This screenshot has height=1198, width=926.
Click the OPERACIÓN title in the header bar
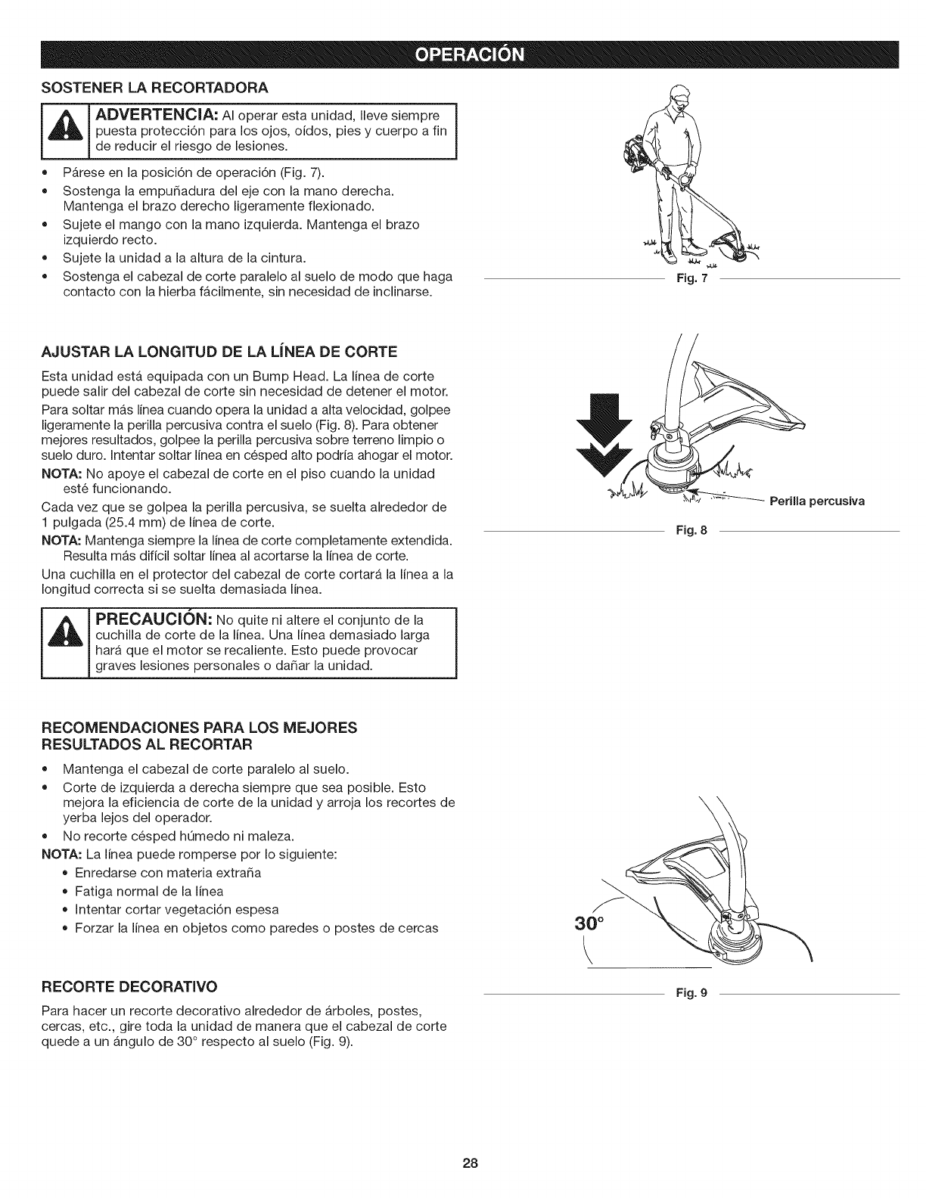[462, 57]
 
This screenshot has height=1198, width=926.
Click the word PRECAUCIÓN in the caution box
[156, 620]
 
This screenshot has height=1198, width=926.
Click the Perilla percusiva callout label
[817, 501]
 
